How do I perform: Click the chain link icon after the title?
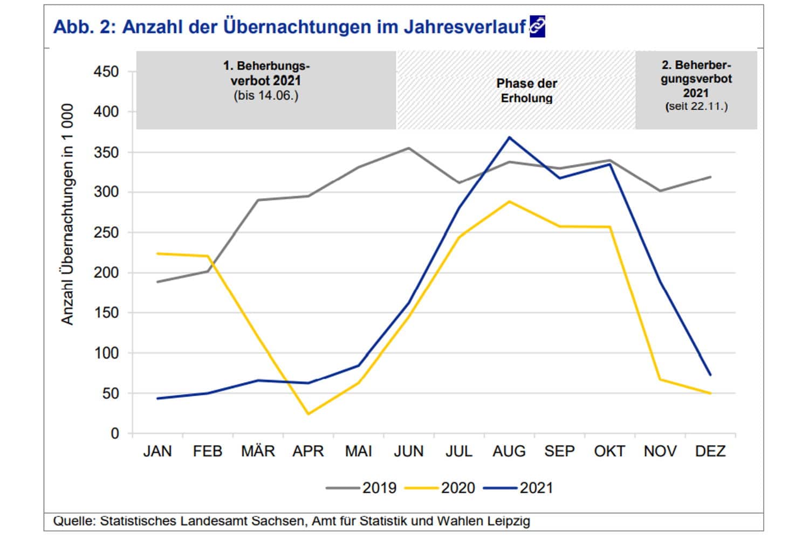click(x=537, y=26)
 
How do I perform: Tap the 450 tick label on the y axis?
click(x=106, y=72)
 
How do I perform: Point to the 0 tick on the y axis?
click(x=114, y=433)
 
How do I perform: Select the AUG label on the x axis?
click(x=509, y=451)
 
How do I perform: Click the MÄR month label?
click(x=258, y=451)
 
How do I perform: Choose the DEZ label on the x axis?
click(x=710, y=451)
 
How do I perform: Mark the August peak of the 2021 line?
click(x=509, y=137)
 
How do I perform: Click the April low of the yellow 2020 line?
click(x=307, y=414)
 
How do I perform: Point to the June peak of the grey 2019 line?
click(x=408, y=148)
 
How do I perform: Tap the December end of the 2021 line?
click(x=710, y=375)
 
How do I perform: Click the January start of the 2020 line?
click(x=157, y=253)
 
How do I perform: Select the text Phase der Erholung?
click(x=526, y=91)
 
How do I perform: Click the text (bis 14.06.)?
click(x=266, y=96)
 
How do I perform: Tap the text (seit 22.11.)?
click(x=696, y=106)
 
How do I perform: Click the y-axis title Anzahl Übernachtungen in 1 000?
click(x=67, y=214)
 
